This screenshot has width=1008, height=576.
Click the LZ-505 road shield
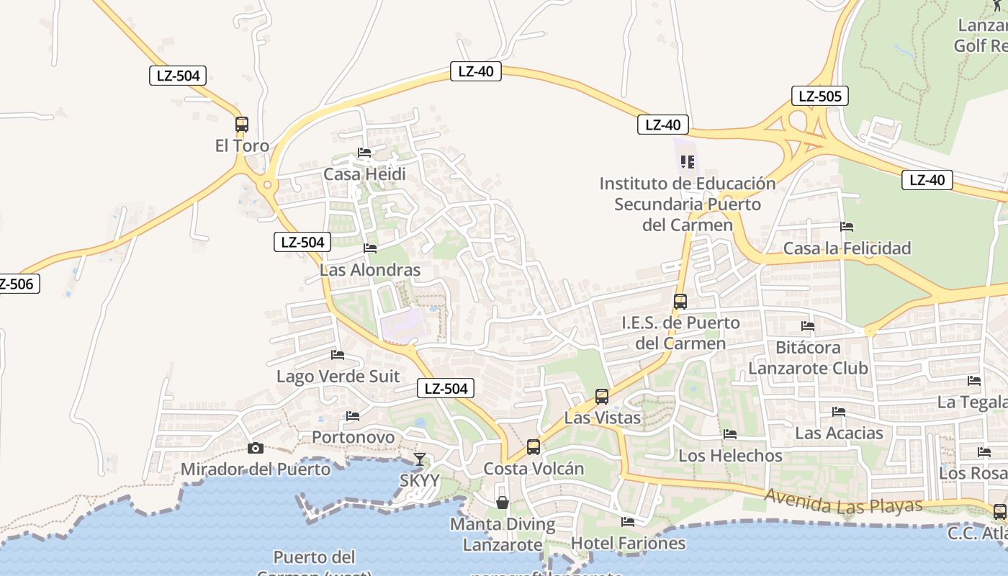(819, 96)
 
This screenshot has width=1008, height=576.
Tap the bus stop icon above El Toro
(242, 124)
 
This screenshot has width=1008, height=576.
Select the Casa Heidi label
(364, 174)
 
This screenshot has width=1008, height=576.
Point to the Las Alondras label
(370, 270)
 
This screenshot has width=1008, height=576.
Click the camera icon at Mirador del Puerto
(255, 448)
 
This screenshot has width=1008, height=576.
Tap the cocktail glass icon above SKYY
(420, 459)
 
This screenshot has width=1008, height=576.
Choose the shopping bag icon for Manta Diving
(503, 502)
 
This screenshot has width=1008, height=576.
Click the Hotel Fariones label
(628, 542)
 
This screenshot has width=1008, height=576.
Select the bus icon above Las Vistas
(602, 396)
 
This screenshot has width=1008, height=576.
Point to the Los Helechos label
(730, 455)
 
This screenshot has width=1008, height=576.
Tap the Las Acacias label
(839, 433)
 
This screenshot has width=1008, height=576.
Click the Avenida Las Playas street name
(843, 501)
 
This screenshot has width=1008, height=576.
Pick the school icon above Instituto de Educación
(688, 161)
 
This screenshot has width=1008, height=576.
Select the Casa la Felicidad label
(847, 248)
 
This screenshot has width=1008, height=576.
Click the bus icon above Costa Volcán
(534, 446)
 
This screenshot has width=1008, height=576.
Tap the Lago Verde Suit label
(338, 376)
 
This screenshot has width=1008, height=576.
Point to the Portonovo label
(353, 437)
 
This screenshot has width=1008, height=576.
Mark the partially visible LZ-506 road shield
(17, 284)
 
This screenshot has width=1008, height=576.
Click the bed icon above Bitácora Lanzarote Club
(808, 326)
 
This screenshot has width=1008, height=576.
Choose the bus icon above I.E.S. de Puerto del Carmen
(680, 301)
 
